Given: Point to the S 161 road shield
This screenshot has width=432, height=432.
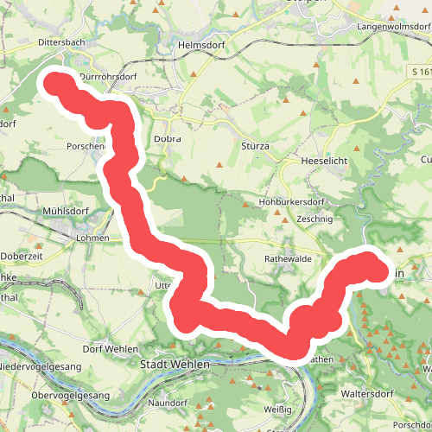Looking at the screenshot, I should pos(420,70).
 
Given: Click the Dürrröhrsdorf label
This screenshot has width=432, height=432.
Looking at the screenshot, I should pos(109,76).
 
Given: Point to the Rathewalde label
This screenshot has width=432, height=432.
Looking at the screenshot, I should pos(288,258).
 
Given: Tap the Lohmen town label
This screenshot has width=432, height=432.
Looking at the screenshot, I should pos(93,238).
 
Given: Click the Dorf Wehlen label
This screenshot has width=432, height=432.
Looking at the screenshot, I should pos(111,348).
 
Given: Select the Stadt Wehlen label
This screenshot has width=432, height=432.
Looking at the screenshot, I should pos(175,365).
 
